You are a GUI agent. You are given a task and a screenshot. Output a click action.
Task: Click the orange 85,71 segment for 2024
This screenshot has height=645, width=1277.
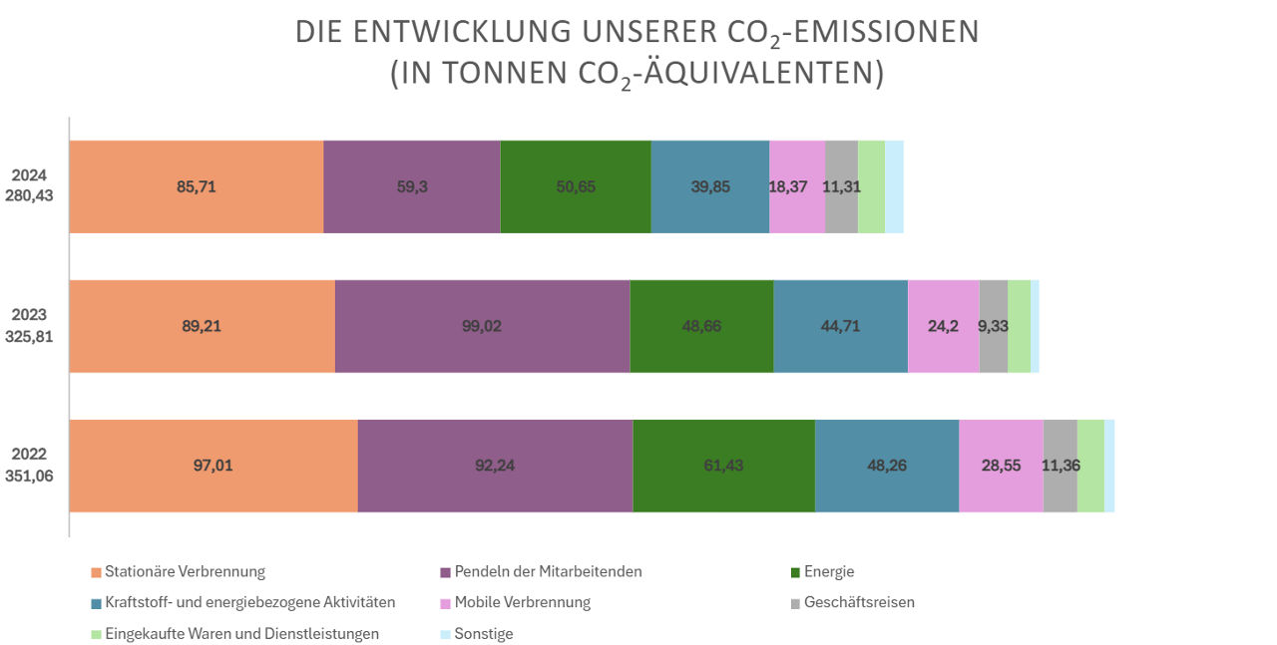point(196,186)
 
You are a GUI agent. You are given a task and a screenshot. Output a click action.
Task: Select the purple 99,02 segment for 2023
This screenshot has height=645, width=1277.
point(482,326)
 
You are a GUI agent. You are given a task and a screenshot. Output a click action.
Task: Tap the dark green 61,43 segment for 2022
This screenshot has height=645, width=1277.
point(723,466)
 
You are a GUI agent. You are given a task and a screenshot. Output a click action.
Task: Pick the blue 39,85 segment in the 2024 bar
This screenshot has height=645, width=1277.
point(709,186)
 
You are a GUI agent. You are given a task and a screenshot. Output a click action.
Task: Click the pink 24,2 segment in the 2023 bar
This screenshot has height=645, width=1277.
point(943,326)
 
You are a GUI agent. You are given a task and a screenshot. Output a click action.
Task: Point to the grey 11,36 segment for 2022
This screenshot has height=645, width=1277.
point(1060,466)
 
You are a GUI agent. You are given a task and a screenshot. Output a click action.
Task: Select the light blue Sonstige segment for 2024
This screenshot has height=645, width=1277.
point(894,186)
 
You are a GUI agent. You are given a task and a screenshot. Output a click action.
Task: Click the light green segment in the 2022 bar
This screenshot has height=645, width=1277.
point(1090,466)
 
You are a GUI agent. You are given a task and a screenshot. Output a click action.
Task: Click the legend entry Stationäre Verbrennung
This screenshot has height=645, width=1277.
point(185,572)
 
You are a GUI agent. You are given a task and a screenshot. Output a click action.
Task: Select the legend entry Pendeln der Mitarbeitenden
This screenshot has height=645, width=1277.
point(548,572)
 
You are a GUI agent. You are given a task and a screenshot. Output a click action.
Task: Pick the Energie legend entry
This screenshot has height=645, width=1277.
point(828,572)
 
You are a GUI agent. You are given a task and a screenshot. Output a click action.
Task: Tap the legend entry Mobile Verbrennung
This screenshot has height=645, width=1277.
point(522,602)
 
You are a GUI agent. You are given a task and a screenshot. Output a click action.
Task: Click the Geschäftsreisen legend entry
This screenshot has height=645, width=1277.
point(858,602)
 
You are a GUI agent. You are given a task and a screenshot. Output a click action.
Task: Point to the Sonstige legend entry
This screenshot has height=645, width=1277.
point(483,634)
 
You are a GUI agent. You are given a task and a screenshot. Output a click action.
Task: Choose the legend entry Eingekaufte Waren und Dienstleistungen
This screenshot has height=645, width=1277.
point(241,634)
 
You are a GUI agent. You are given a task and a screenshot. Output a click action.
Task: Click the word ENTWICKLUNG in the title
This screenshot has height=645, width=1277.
point(465,32)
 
